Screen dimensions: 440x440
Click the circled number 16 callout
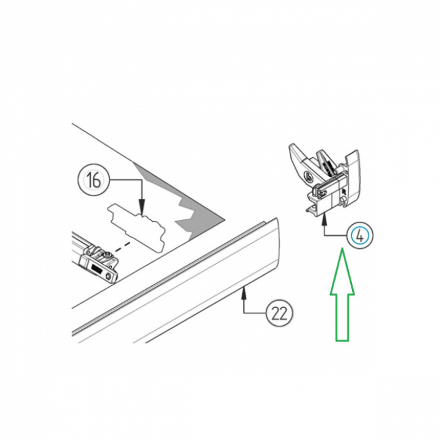[93, 180]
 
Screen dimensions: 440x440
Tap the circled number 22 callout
[279, 313]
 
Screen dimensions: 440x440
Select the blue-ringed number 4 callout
[361, 236]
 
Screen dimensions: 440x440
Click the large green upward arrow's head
[342, 271]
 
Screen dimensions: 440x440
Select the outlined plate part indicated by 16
[136, 227]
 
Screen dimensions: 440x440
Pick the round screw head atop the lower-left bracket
[108, 255]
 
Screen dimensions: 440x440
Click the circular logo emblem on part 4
[308, 176]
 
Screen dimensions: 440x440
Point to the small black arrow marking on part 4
[344, 192]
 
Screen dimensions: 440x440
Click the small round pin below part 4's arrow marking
[343, 199]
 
